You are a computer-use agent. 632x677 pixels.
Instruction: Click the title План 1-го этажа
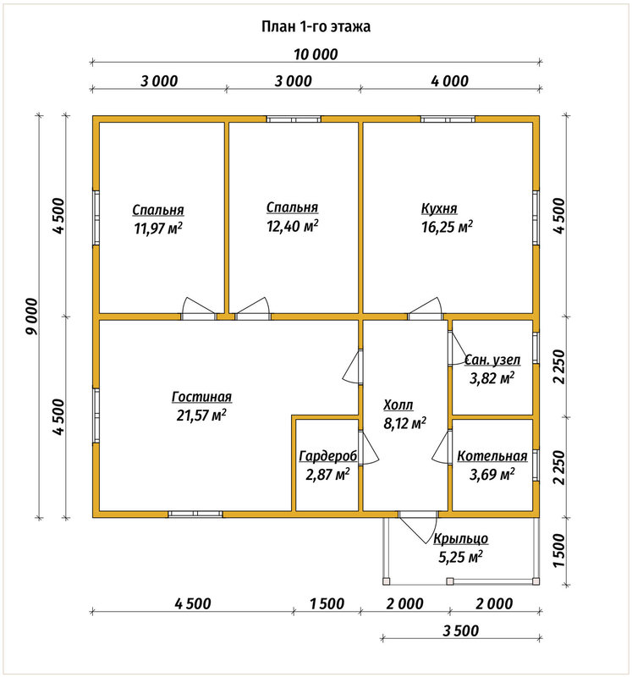tap(316, 27)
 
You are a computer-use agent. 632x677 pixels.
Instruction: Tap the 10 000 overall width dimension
tap(316, 54)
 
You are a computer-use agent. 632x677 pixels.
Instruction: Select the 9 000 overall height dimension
tap(31, 316)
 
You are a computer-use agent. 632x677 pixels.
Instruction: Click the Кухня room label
tap(439, 208)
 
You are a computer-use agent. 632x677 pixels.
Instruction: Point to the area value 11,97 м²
tap(158, 228)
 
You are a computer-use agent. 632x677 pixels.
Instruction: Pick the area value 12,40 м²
tap(293, 225)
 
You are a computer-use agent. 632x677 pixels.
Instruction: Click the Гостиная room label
tap(201, 396)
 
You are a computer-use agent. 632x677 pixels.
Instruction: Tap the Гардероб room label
tap(328, 456)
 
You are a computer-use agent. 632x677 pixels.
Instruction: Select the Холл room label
tap(398, 405)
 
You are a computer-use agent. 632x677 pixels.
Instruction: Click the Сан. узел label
tap(492, 360)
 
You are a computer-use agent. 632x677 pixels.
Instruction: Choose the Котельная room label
tap(492, 456)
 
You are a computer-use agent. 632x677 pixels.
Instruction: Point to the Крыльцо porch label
tap(460, 538)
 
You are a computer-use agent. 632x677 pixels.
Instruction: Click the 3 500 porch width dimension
tap(461, 630)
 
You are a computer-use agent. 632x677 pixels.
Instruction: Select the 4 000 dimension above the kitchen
tap(450, 81)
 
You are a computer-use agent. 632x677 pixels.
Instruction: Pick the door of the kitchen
tap(426, 308)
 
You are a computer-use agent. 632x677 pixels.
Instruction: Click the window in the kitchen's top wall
tap(448, 119)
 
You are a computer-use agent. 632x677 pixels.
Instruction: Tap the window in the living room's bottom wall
tap(195, 514)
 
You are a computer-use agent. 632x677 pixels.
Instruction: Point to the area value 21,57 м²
tap(201, 416)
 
